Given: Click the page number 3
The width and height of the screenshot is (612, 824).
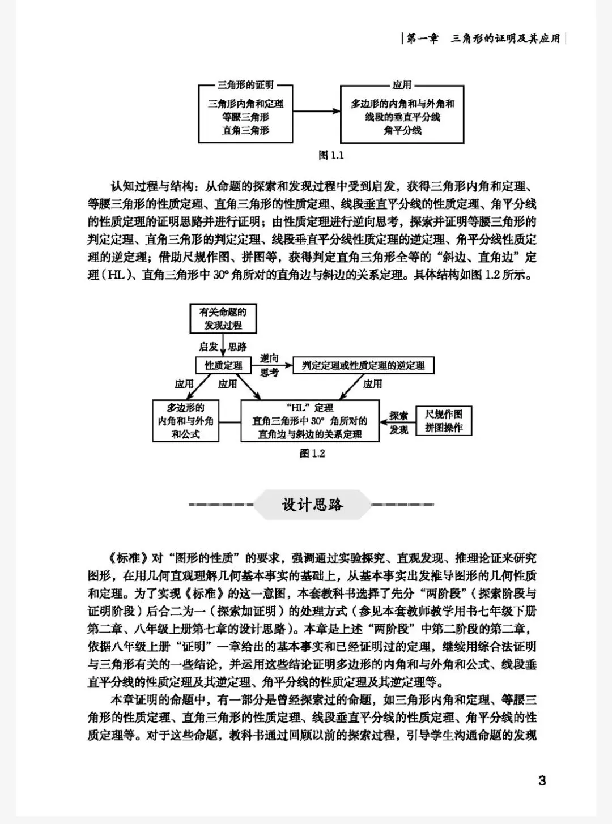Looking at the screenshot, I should [x=542, y=780].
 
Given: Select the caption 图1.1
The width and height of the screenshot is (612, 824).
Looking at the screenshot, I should [x=331, y=155].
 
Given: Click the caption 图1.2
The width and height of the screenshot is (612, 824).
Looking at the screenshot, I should [x=312, y=453].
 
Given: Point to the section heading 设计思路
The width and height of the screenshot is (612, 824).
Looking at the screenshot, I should [x=312, y=504].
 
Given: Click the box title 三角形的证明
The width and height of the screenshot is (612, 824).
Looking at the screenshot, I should [x=245, y=85].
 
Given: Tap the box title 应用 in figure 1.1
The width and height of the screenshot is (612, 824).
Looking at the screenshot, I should [x=402, y=85].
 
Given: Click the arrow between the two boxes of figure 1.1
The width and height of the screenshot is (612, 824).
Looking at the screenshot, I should [x=316, y=111].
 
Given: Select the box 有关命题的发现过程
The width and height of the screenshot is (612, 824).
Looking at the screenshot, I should [x=223, y=318].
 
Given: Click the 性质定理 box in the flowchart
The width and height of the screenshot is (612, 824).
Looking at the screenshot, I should [x=223, y=365].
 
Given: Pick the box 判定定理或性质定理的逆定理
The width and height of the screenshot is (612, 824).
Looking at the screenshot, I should [x=363, y=365].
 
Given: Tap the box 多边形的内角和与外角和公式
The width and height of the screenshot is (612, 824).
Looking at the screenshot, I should [x=186, y=421].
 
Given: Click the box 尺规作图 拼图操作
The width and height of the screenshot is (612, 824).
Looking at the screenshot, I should [x=444, y=421].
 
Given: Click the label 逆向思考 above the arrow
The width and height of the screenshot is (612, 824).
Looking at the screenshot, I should [x=269, y=365].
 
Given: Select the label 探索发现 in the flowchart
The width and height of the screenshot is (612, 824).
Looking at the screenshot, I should [x=398, y=422].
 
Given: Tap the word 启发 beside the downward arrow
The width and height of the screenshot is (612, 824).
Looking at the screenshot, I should [x=208, y=347].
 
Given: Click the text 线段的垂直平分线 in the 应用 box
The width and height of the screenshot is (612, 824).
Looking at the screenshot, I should [x=402, y=117].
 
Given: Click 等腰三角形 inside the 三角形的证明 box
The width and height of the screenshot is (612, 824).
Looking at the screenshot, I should [x=245, y=117].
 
